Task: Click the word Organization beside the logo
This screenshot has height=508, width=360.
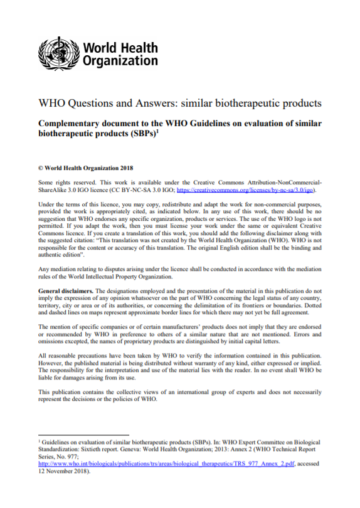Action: click(120, 61)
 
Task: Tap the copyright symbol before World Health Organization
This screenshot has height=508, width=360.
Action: click(41, 168)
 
